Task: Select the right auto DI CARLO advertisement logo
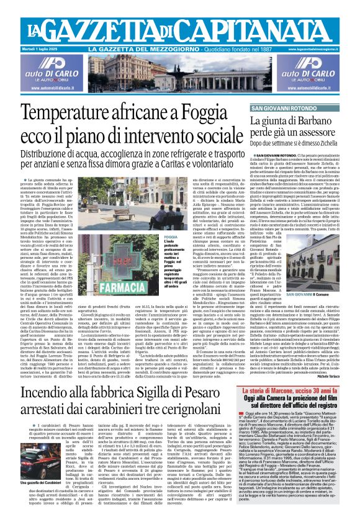325,70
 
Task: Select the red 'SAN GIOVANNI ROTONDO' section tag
279,109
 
